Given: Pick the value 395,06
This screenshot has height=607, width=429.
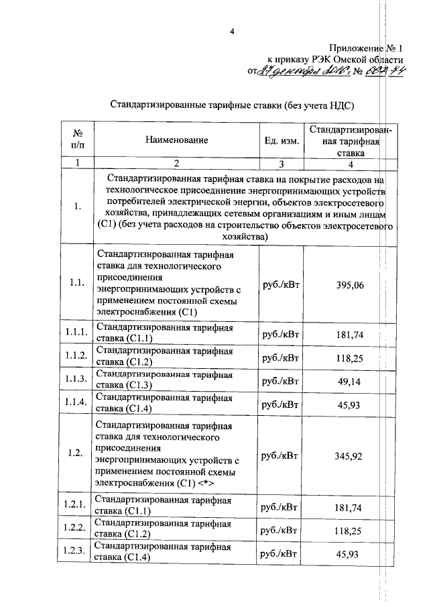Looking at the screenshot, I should click(x=349, y=285).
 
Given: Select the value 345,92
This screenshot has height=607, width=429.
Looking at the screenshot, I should click(x=349, y=456).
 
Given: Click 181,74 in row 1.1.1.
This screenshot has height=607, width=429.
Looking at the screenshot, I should click(x=349, y=334).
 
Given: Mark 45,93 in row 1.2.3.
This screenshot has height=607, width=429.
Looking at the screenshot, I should click(x=349, y=554).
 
